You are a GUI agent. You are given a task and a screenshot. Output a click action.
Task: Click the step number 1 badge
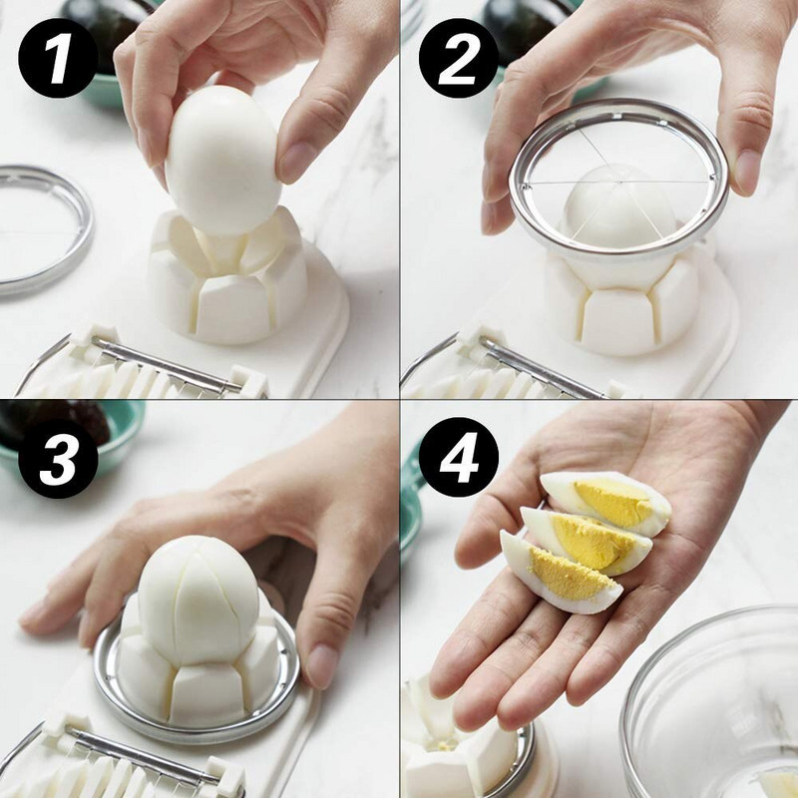tap(58, 58)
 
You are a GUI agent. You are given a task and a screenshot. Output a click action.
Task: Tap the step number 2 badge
tap(459, 58)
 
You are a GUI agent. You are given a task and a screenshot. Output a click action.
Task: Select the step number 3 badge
tap(58, 459)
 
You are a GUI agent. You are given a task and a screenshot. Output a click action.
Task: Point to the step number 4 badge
tap(459, 459)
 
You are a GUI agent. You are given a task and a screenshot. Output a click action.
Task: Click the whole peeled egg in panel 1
tap(223, 160)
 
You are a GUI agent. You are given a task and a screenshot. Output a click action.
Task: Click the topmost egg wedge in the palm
tap(606, 503)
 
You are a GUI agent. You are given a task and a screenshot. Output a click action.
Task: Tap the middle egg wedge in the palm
tap(586, 541)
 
